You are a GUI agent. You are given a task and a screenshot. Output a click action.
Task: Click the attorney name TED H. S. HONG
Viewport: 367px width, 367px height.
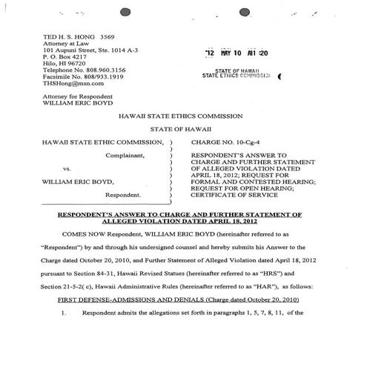coord(64,35)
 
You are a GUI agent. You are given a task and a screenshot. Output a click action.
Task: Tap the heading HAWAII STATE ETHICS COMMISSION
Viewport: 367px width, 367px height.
coord(182,116)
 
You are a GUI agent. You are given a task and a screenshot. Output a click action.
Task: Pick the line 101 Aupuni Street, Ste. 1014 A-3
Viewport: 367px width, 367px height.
coord(94,51)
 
